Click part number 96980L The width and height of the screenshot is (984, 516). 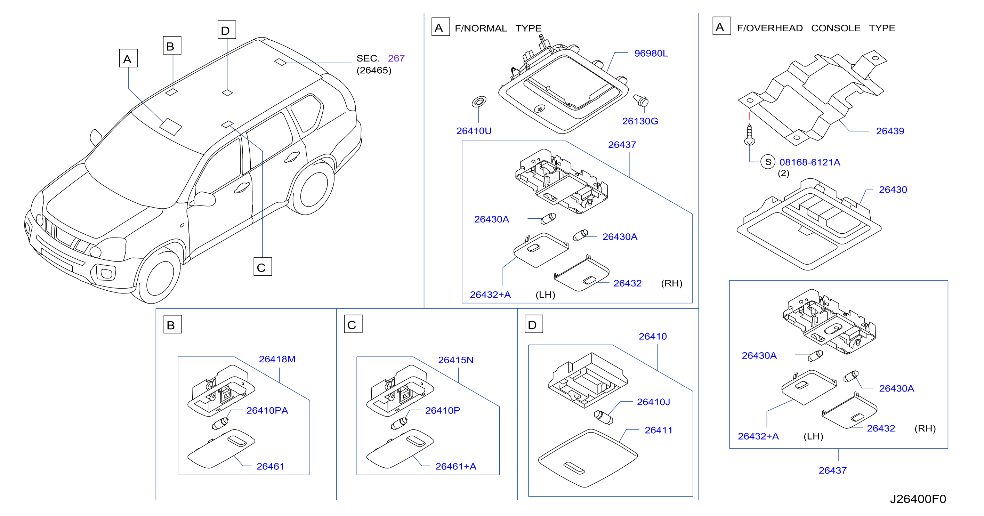pyautogui.click(x=651, y=54)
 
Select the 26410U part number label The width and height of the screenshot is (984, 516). pyautogui.click(x=474, y=131)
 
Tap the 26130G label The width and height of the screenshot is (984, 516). pyautogui.click(x=640, y=121)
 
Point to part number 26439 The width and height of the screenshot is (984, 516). pyautogui.click(x=890, y=131)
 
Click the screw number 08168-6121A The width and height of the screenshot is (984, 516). pyautogui.click(x=809, y=162)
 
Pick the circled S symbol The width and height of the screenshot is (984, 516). pyautogui.click(x=768, y=162)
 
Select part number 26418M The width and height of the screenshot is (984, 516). pyautogui.click(x=277, y=360)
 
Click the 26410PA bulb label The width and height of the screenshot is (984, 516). pyautogui.click(x=267, y=411)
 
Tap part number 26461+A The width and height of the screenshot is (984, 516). pyautogui.click(x=456, y=466)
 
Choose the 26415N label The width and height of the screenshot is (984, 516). pyautogui.click(x=456, y=360)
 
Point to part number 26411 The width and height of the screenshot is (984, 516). pyautogui.click(x=658, y=430)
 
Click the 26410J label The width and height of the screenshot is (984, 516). pyautogui.click(x=653, y=402)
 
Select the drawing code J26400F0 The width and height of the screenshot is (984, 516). pyautogui.click(x=918, y=499)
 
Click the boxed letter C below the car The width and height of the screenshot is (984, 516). pyautogui.click(x=263, y=267)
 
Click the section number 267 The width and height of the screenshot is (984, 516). pyautogui.click(x=396, y=58)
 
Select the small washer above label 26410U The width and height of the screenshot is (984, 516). pyautogui.click(x=479, y=102)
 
